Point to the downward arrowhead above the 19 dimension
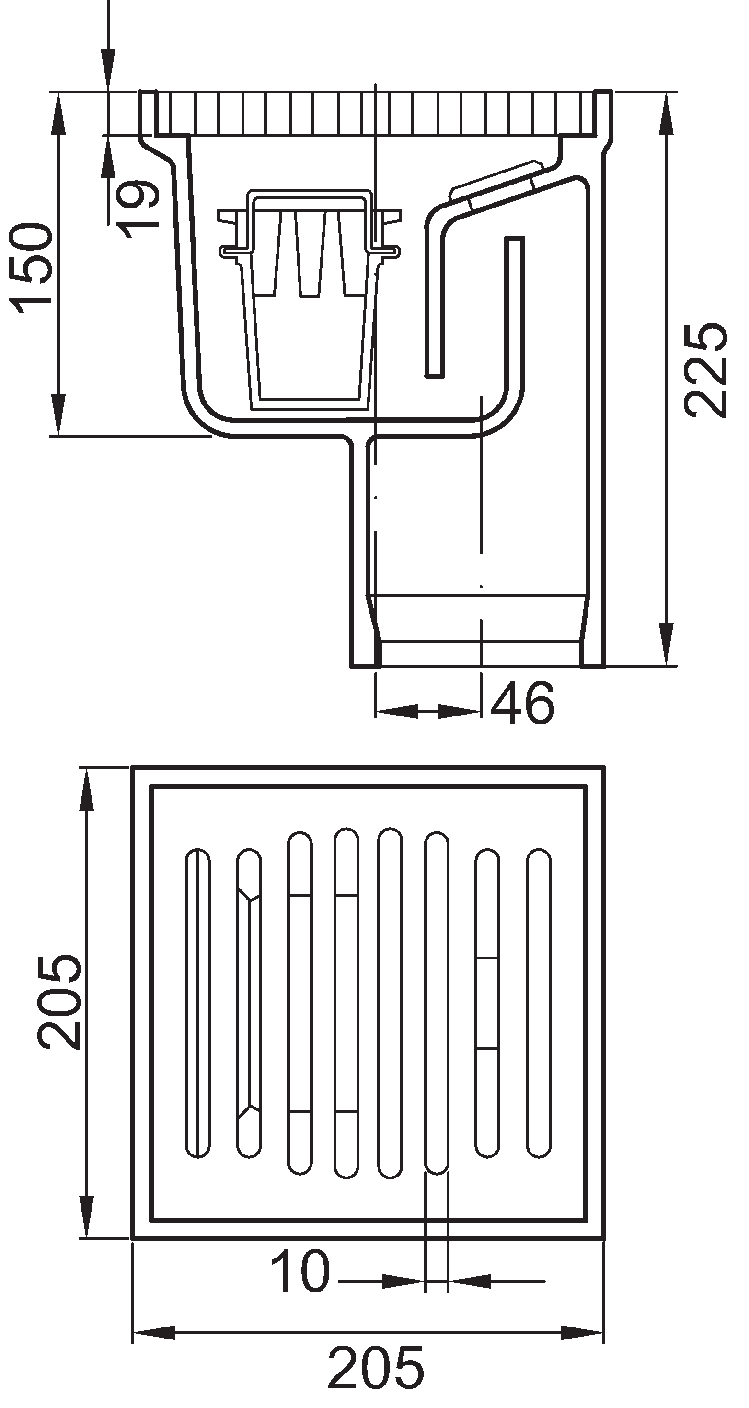click(108, 69)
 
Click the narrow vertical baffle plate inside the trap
click(514, 306)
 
